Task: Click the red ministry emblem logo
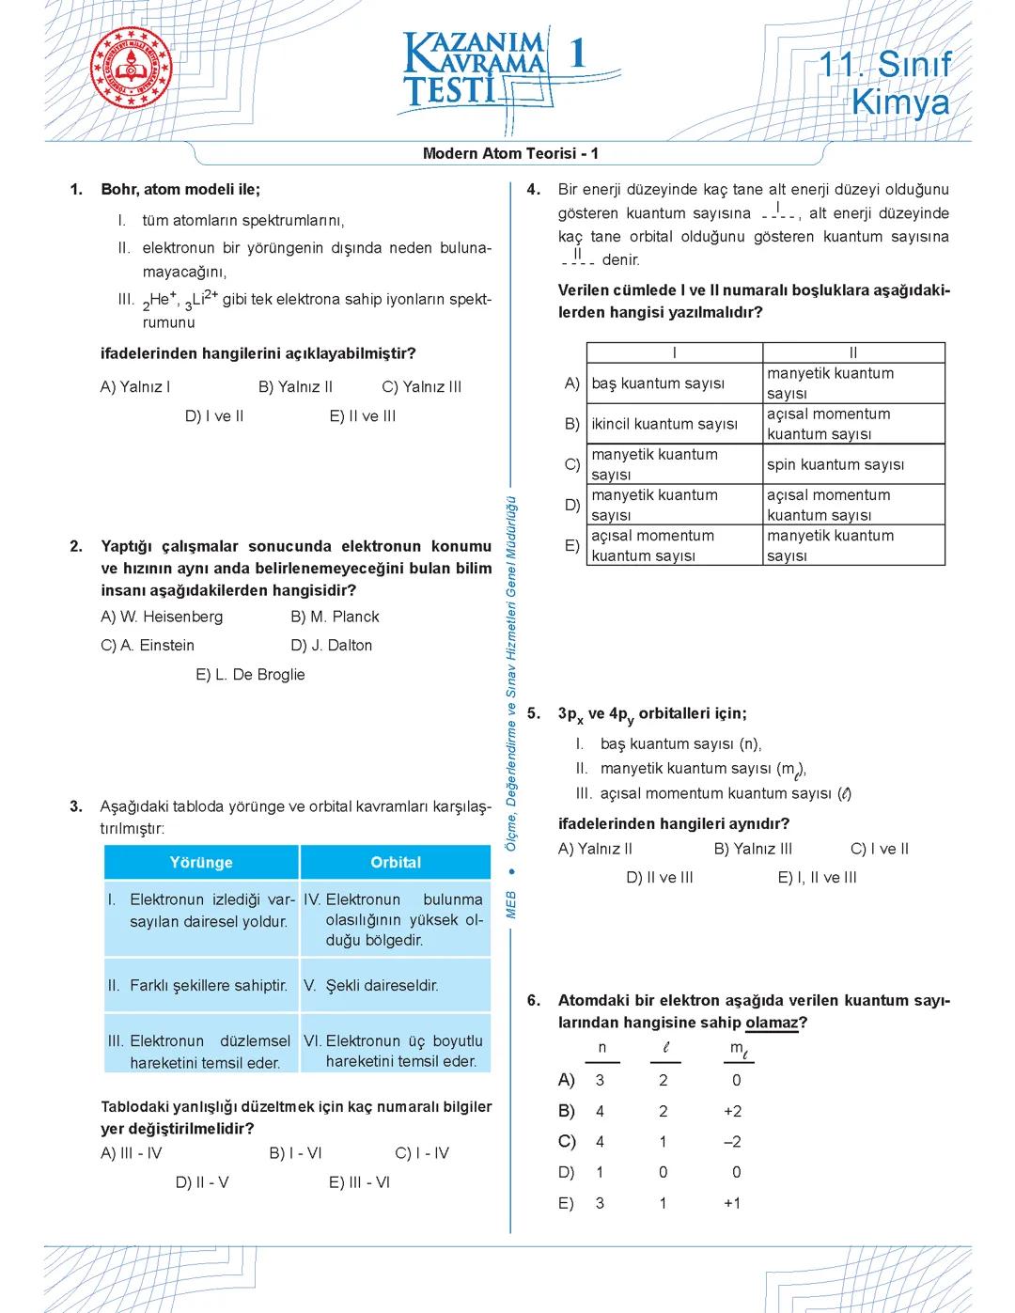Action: click(x=133, y=69)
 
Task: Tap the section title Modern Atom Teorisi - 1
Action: click(x=510, y=153)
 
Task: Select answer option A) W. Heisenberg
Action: click(x=162, y=617)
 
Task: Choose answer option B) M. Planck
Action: click(x=335, y=617)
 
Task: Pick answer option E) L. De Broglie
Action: click(x=250, y=675)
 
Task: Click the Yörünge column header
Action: click(x=201, y=862)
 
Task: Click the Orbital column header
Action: click(x=396, y=862)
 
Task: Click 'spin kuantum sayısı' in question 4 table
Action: click(x=835, y=464)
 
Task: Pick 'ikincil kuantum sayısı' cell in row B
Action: click(x=664, y=424)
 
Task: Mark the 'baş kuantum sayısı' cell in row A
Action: click(x=658, y=383)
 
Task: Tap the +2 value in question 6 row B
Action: click(x=732, y=1111)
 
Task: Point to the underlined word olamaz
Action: click(x=771, y=1023)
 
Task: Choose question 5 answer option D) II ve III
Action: click(x=660, y=878)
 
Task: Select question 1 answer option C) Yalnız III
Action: click(x=421, y=387)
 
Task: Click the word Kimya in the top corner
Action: click(x=899, y=103)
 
